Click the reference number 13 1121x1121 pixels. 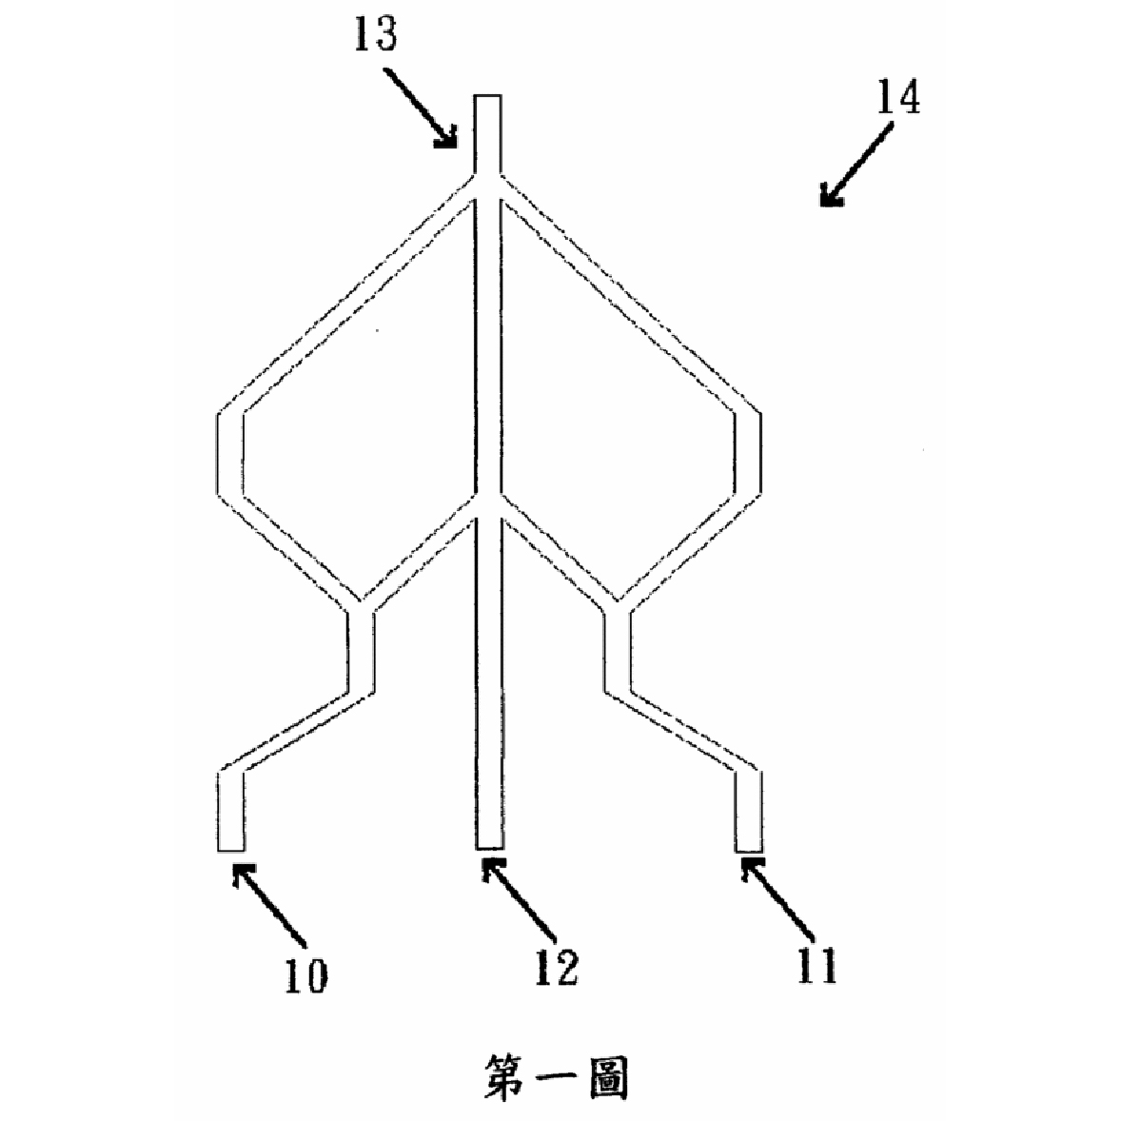click(375, 34)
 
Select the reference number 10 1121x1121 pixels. click(306, 975)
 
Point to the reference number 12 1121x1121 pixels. click(556, 968)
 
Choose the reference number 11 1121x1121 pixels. click(816, 966)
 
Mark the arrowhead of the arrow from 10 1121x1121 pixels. click(242, 872)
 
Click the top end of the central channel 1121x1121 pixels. click(487, 96)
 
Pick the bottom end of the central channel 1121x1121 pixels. click(489, 848)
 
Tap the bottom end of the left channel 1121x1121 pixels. click(230, 850)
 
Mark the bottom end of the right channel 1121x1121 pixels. click(748, 850)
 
